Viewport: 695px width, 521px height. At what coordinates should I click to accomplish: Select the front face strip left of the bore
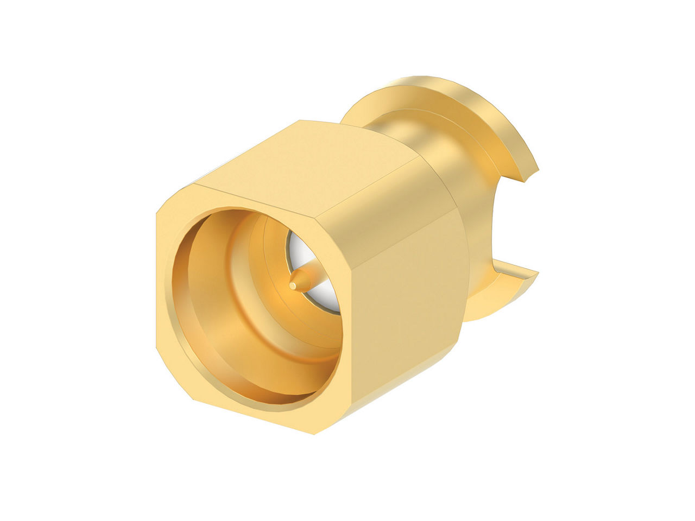[x=165, y=293]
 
